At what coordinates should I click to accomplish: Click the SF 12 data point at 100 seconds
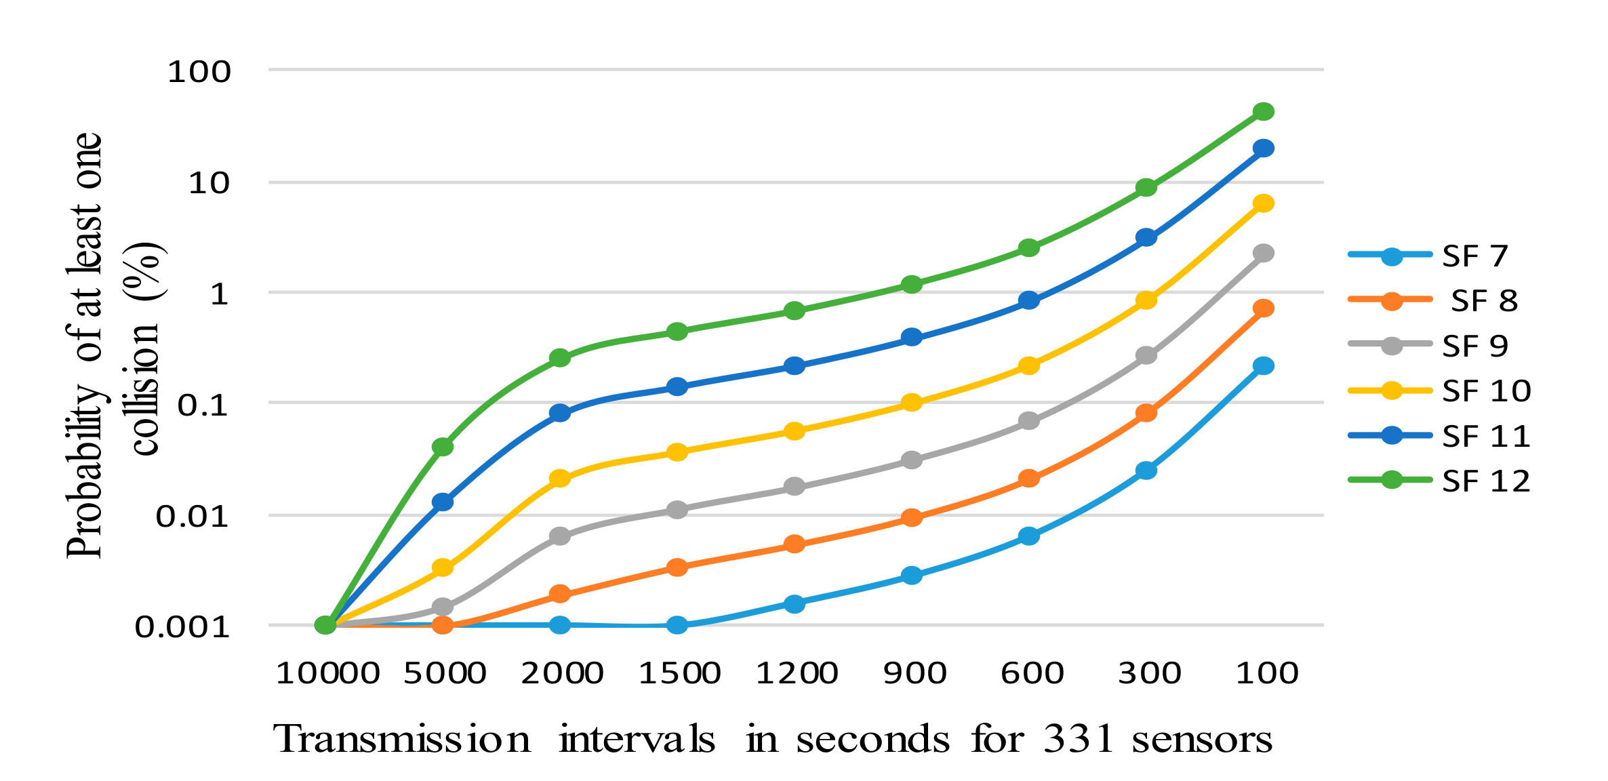pos(1263,112)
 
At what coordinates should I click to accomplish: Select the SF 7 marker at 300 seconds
pos(1146,470)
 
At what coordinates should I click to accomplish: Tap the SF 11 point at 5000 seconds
pos(443,502)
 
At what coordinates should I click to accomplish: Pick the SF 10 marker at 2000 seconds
pos(560,479)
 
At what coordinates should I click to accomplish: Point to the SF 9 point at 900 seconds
pos(912,460)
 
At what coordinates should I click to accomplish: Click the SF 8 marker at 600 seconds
pos(1028,479)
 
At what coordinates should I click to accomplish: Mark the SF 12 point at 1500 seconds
pos(677,332)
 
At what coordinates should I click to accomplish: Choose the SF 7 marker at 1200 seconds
pos(795,603)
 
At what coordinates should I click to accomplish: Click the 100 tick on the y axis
pos(199,72)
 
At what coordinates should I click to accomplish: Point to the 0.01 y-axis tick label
pos(193,517)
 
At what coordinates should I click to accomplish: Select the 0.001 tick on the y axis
pos(182,627)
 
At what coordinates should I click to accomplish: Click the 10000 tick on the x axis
pos(327,673)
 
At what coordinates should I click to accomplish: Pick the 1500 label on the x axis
pos(679,673)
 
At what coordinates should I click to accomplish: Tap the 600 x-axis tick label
pos(1032,673)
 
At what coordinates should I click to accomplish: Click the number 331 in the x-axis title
pos(1078,739)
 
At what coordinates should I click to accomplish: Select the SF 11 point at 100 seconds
pos(1263,148)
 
